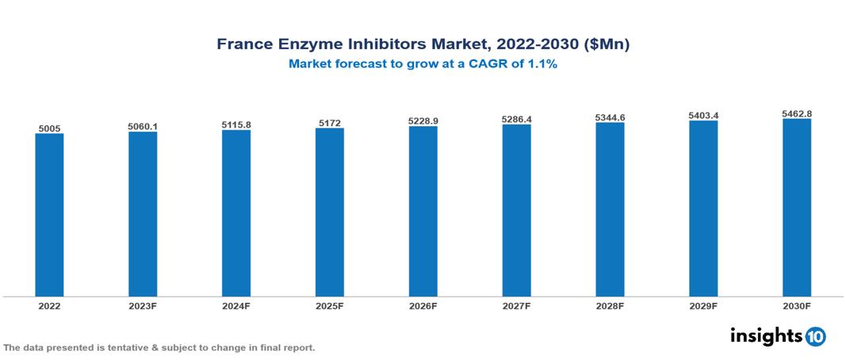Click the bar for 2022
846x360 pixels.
(49, 215)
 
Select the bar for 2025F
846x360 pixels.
(329, 212)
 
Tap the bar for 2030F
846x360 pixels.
(796, 208)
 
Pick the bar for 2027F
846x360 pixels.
(516, 210)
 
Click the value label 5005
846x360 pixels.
(49, 127)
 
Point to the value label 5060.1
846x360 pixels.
(143, 125)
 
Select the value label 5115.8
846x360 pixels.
(236, 124)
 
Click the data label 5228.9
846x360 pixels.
(423, 121)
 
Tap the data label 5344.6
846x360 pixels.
(610, 117)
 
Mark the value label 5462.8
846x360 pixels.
(796, 113)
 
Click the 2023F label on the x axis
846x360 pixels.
(143, 305)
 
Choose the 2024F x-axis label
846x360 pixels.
(236, 305)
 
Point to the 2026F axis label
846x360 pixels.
(423, 305)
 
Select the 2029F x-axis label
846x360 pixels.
(703, 305)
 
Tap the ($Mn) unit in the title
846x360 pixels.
(606, 45)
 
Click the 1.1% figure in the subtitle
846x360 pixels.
(543, 65)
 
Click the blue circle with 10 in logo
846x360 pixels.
(815, 336)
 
